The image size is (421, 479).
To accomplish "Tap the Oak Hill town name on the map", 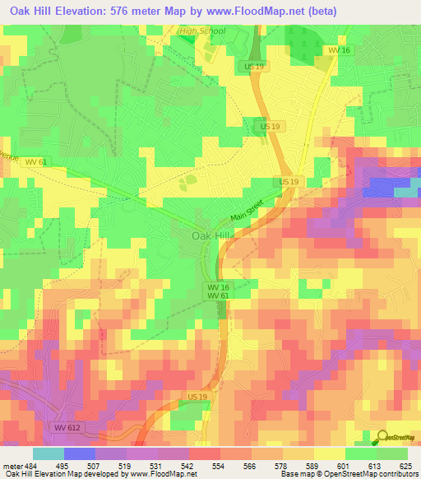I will click(x=213, y=236).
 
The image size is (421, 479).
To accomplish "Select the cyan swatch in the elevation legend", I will click(x=49, y=453).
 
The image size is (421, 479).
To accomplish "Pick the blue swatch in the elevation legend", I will click(x=80, y=453).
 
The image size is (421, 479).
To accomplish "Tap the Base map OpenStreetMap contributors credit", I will click(x=349, y=474).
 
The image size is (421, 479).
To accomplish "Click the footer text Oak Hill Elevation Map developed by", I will click(x=69, y=474).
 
